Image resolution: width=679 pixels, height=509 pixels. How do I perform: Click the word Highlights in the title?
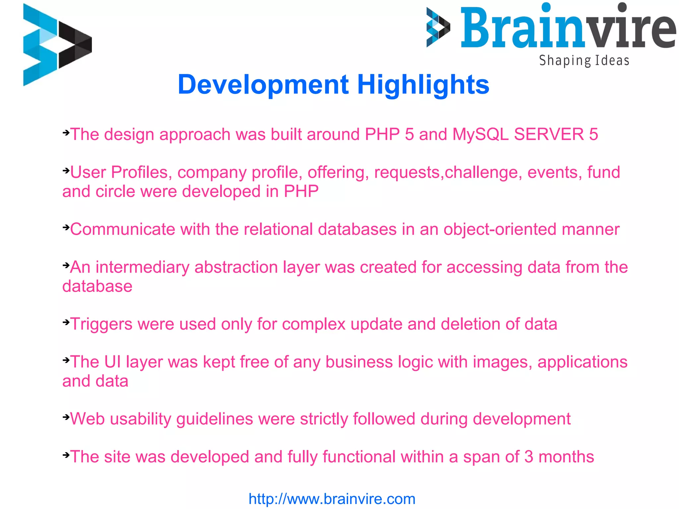pyautogui.click(x=423, y=85)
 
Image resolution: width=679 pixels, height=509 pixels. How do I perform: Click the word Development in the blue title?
pyautogui.click(x=263, y=85)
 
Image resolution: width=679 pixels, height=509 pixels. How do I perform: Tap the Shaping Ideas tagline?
pyautogui.click(x=584, y=61)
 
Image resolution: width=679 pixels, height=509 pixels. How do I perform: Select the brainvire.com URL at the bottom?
pyautogui.click(x=332, y=499)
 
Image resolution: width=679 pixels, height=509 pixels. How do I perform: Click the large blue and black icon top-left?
pyautogui.click(x=57, y=45)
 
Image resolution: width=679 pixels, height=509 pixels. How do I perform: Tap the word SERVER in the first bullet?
pyautogui.click(x=549, y=134)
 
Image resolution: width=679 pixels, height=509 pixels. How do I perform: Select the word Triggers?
pyautogui.click(x=101, y=324)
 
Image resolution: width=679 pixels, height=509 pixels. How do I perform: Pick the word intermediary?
pyautogui.click(x=142, y=267)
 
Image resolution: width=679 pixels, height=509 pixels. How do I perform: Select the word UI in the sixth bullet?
pyautogui.click(x=112, y=362)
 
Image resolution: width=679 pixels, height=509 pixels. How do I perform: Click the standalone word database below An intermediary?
pyautogui.click(x=97, y=286)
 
